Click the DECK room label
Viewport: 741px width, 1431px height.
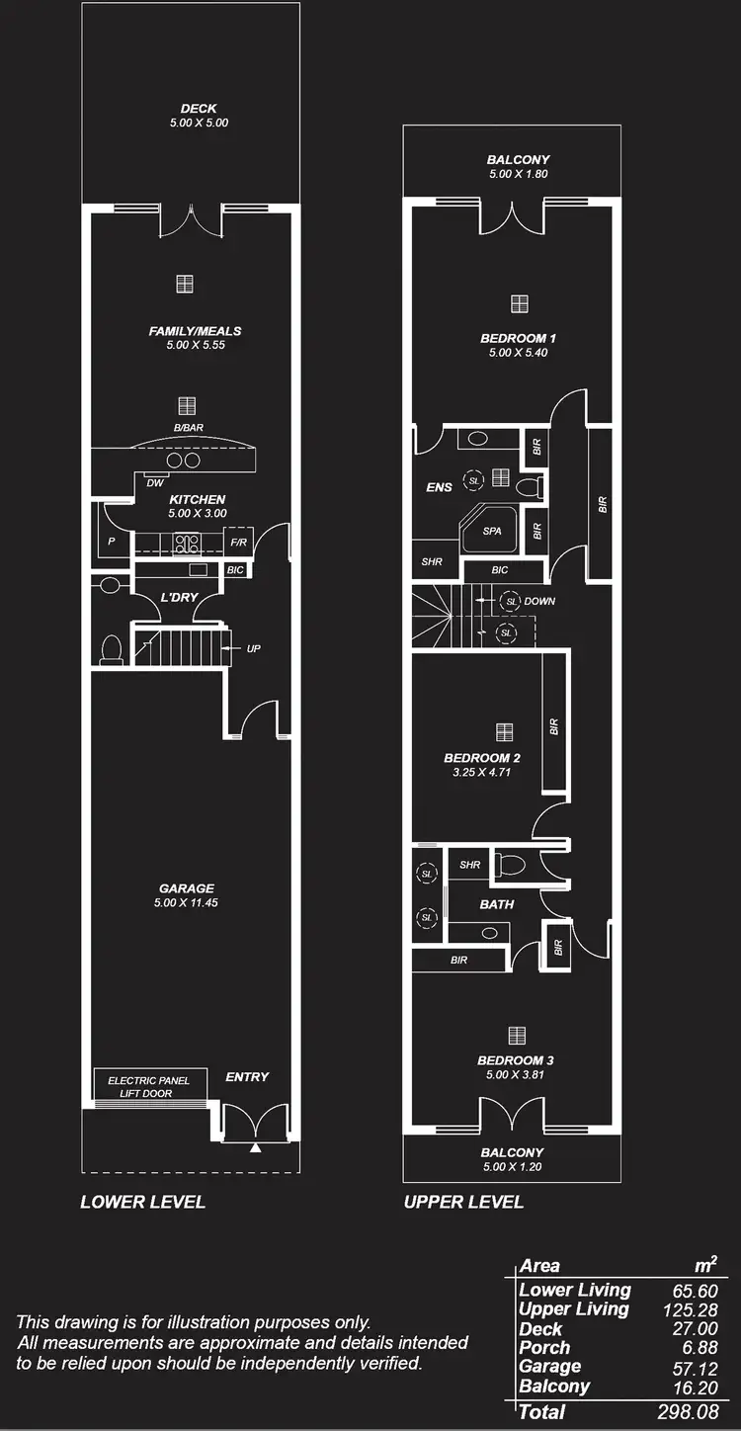[199, 109]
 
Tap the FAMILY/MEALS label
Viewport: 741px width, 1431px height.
[196, 331]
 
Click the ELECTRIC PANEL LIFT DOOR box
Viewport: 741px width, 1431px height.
[149, 1087]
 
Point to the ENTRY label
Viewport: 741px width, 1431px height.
[247, 1076]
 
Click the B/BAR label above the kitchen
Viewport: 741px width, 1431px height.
[188, 428]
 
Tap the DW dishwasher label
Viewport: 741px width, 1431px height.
[154, 483]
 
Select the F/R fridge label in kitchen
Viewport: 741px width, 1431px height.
[238, 543]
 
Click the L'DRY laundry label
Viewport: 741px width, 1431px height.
[179, 597]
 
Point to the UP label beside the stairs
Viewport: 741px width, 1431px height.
[254, 648]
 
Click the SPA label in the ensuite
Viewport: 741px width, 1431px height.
[492, 531]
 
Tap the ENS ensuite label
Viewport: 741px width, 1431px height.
[440, 487]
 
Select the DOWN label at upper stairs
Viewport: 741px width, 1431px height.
[539, 601]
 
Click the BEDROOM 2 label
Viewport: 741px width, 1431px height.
[482, 758]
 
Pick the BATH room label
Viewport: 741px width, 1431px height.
[497, 903]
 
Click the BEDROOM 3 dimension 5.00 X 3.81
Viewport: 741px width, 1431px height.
[516, 1074]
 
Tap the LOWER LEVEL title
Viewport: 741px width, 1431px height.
[143, 1202]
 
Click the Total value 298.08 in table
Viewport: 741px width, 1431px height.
[688, 1412]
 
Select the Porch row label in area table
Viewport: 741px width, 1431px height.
[544, 1347]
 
